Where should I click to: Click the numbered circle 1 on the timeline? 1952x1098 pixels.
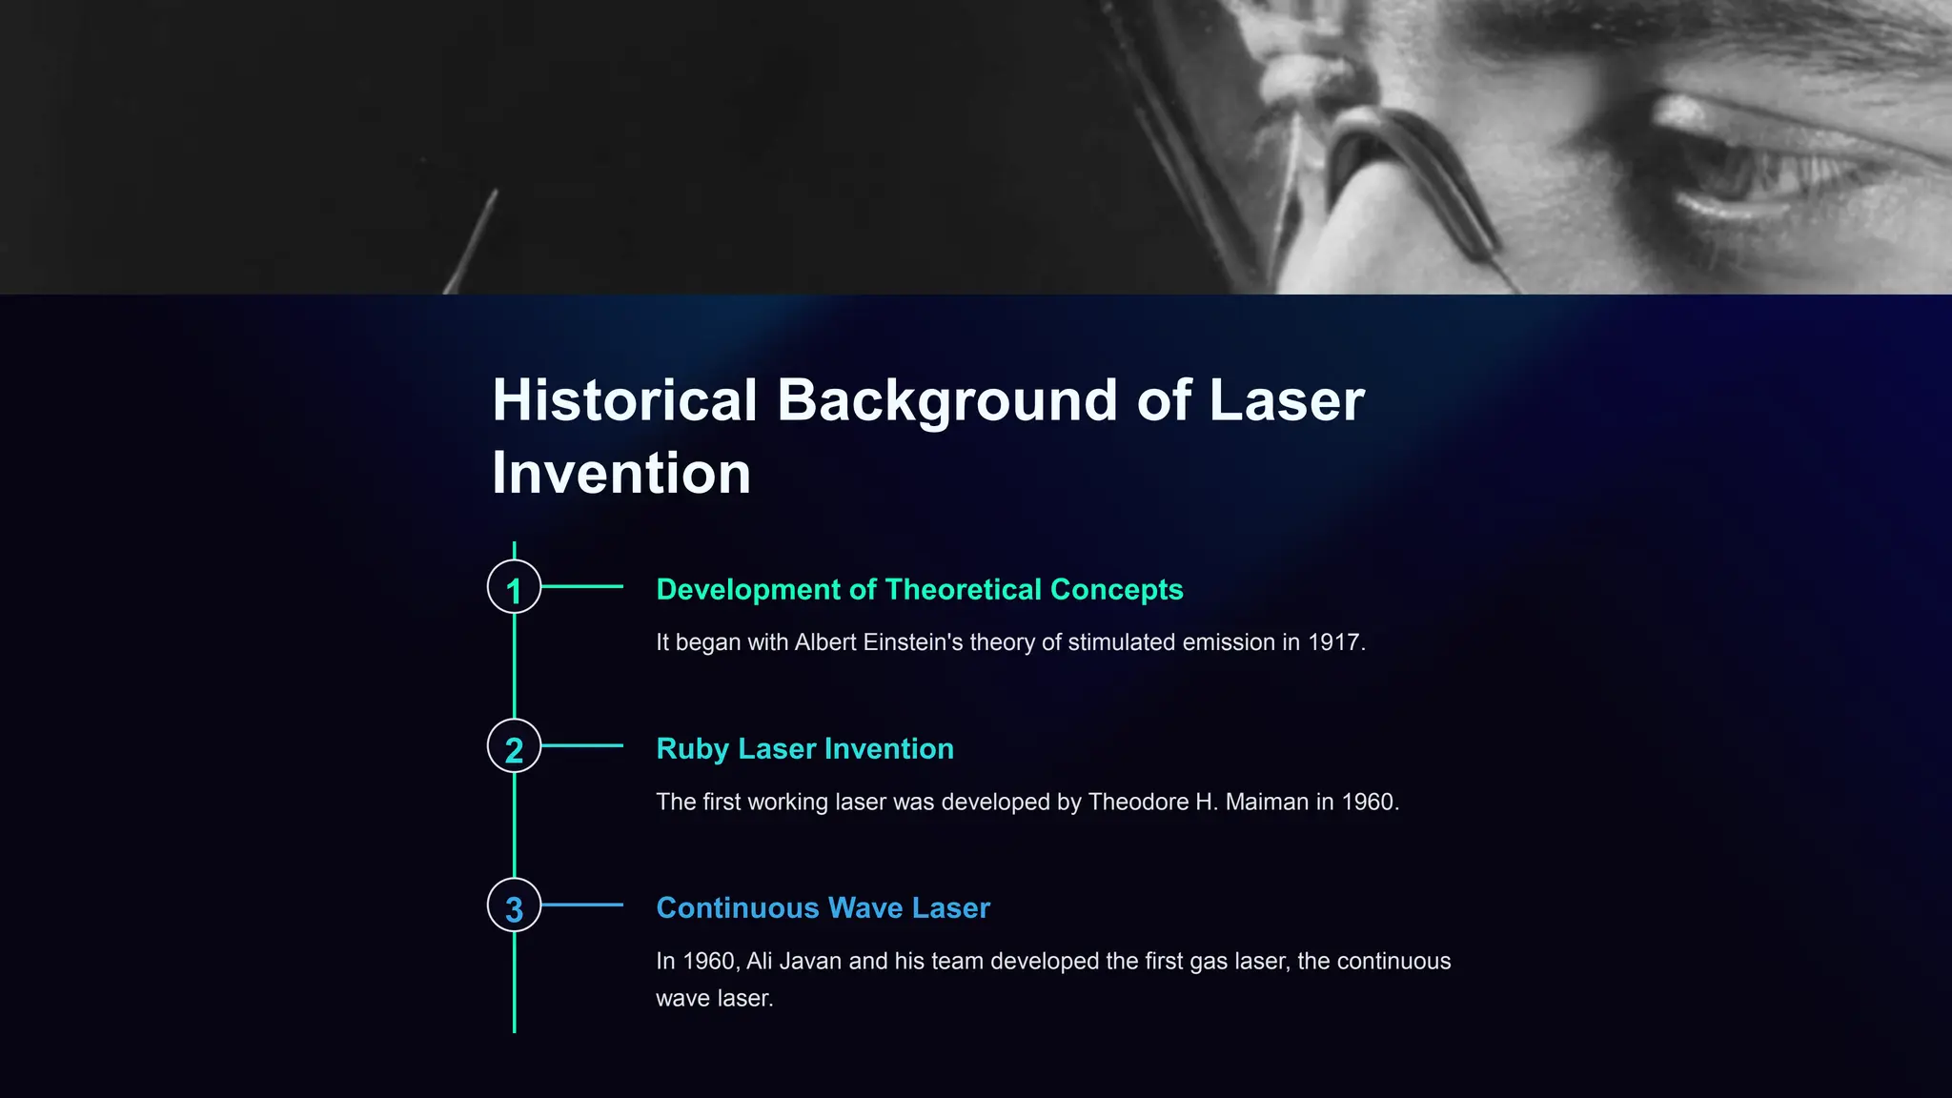[514, 587]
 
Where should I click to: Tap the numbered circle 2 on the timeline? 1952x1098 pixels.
[514, 746]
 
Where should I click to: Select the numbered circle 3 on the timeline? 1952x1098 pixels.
[514, 905]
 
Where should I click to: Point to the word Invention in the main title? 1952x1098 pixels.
[621, 473]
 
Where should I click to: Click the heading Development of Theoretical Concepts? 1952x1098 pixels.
[919, 589]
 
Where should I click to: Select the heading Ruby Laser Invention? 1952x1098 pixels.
[804, 748]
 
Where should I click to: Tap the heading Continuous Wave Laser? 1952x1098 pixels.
[823, 907]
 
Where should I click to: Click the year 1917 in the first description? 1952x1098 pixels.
[1333, 642]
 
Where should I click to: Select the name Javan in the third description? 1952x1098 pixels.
[810, 961]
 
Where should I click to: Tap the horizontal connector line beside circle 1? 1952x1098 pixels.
[581, 587]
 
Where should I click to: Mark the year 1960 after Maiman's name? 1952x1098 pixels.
[1368, 802]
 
